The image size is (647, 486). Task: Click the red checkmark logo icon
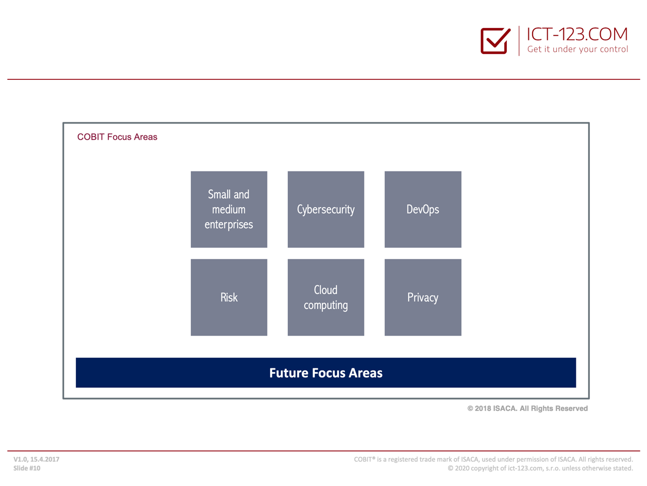tap(495, 40)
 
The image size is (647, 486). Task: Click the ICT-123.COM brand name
tap(577, 34)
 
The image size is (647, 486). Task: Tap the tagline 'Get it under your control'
tap(577, 49)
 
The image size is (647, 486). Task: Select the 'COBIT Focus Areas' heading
tap(117, 137)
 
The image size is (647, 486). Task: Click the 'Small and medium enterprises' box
tap(229, 209)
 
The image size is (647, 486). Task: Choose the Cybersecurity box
tap(326, 209)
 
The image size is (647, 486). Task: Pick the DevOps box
tap(423, 209)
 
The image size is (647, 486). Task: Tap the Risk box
tap(229, 297)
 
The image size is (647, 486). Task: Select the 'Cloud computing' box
tap(326, 297)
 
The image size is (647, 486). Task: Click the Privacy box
tap(423, 297)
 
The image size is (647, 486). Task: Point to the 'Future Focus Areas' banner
tap(326, 373)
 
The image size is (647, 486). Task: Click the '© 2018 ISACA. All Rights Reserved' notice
tap(528, 408)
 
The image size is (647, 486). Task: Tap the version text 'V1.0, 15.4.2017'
tap(36, 459)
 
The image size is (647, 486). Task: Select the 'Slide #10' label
tap(27, 468)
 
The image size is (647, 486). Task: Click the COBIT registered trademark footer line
tap(493, 459)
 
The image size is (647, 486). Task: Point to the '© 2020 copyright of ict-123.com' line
tap(540, 468)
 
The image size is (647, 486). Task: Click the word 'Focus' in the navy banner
tap(329, 373)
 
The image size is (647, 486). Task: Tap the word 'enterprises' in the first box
tap(229, 225)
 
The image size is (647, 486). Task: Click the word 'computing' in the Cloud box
tap(326, 306)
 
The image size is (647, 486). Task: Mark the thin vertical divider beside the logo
tap(519, 40)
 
